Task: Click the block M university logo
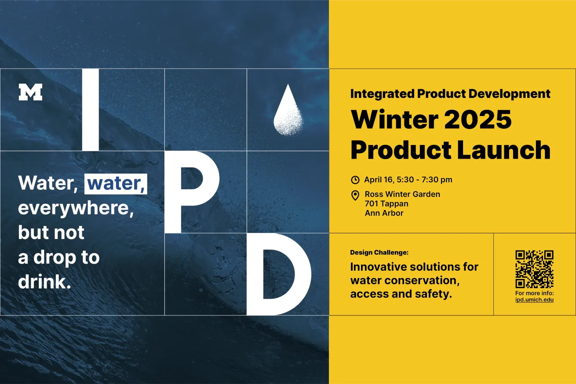(x=30, y=92)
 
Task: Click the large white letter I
(x=91, y=110)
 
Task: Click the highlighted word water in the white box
(x=116, y=184)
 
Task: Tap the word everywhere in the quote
(x=76, y=208)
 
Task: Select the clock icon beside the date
(x=355, y=180)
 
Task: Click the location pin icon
(x=355, y=196)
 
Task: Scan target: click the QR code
(x=534, y=269)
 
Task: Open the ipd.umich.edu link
(x=534, y=300)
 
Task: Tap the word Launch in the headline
(x=504, y=150)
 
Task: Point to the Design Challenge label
(x=379, y=252)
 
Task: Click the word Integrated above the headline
(x=382, y=94)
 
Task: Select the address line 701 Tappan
(x=386, y=203)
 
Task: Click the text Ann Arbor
(x=384, y=213)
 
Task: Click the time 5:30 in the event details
(x=405, y=180)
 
